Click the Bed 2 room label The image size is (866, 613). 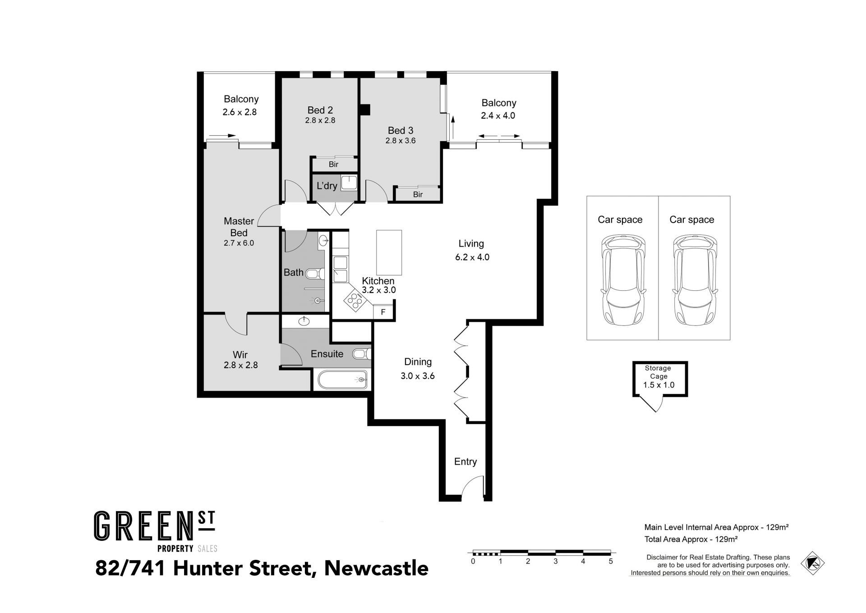[320, 110]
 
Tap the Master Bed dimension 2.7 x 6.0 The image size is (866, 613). [239, 243]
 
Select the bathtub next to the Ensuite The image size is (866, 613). [342, 380]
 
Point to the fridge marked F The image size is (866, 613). [383, 312]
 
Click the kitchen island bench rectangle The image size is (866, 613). [389, 252]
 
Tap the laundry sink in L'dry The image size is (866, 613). [349, 183]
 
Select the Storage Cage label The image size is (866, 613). [658, 372]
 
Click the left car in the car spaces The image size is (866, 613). [620, 281]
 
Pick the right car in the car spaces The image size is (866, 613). [692, 281]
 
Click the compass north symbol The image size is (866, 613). [812, 563]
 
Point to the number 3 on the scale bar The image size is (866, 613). [556, 561]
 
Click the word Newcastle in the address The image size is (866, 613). [377, 568]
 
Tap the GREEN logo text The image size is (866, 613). [142, 526]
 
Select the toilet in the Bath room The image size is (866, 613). [314, 273]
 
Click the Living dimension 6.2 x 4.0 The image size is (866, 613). [472, 257]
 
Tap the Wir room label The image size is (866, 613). [240, 355]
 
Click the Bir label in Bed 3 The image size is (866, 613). [418, 195]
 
